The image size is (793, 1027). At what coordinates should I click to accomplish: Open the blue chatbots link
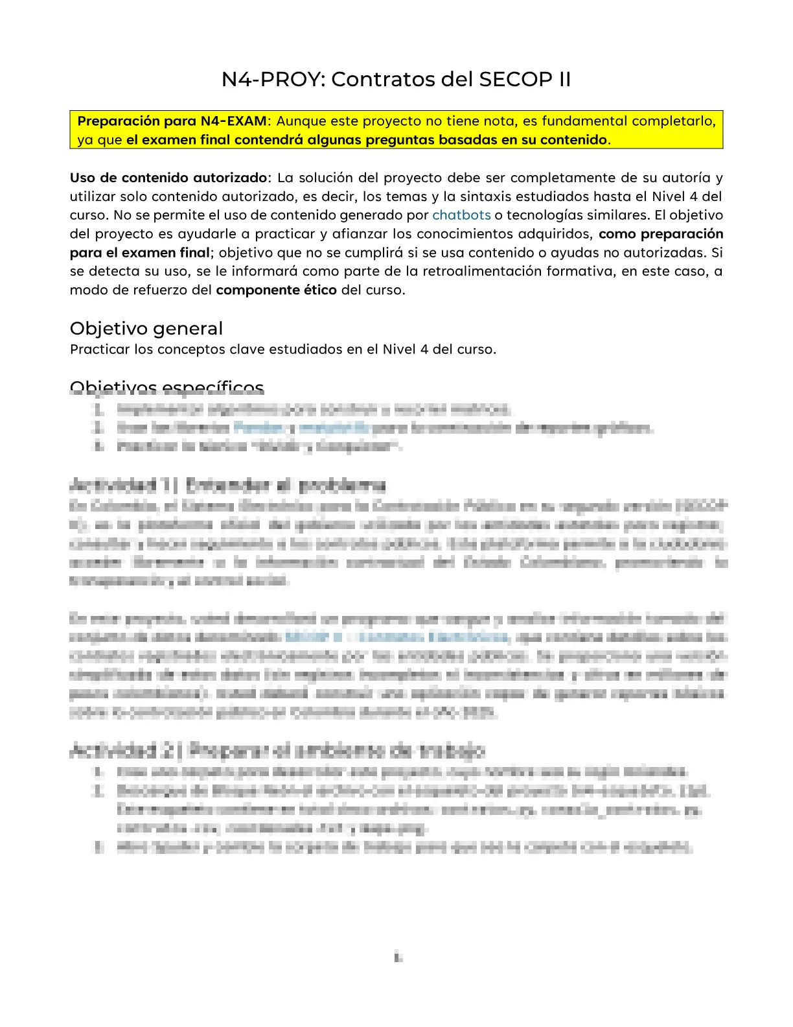pos(461,215)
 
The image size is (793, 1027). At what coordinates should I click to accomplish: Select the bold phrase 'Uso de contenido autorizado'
pos(168,178)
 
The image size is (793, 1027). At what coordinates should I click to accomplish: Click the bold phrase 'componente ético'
pos(276,290)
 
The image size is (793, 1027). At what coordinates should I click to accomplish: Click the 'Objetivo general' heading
pos(146,328)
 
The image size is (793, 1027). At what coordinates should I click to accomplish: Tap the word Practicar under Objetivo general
pos(100,349)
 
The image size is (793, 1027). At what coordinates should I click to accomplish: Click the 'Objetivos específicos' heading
pos(167,388)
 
